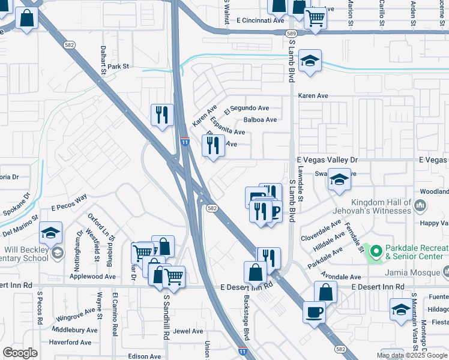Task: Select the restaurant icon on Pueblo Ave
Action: [212, 145]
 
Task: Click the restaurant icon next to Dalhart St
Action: [161, 115]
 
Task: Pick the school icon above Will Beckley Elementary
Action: [51, 232]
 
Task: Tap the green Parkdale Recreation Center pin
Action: [376, 250]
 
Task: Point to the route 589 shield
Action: [291, 34]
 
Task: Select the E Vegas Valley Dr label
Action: [327, 160]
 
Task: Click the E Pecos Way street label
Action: [69, 202]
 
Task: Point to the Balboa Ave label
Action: [260, 120]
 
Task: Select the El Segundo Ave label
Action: [247, 109]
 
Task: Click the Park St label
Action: [118, 67]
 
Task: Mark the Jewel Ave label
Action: [188, 331]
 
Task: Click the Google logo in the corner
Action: [20, 353]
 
